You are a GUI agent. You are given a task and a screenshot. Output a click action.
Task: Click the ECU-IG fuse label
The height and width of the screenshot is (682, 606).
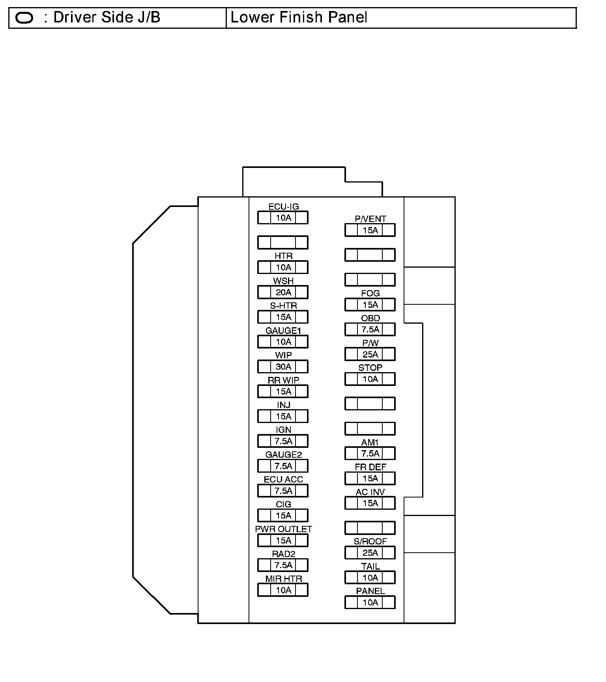283,207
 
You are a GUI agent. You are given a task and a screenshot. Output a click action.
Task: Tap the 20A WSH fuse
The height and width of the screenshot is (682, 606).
283,293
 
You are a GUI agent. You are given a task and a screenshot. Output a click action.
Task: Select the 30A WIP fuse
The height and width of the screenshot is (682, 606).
283,367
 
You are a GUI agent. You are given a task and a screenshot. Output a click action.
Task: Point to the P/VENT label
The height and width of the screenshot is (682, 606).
370,219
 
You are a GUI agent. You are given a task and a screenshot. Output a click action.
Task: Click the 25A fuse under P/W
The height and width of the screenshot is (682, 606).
370,354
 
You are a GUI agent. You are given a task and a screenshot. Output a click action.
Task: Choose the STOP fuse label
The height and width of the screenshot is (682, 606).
370,368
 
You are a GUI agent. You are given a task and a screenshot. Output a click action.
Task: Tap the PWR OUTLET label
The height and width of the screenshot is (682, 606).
283,529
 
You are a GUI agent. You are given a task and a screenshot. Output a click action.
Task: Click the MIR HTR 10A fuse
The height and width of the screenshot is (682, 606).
283,590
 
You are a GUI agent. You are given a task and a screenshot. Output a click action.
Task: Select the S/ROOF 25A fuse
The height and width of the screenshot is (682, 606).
370,553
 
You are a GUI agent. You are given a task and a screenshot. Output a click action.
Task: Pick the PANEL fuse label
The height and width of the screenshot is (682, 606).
370,591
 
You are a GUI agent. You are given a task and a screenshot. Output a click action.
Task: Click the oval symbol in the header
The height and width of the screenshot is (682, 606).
24,18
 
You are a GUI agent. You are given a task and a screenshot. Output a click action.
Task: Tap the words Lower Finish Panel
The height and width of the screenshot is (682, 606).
299,18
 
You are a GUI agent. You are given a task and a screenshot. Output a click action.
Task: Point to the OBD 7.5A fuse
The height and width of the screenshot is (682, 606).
370,330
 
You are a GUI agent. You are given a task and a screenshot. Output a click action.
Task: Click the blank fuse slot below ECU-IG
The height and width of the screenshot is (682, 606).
283,242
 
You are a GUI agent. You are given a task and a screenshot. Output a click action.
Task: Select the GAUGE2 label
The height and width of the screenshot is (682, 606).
283,455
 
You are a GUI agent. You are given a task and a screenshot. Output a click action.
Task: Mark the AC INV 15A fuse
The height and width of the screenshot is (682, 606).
370,503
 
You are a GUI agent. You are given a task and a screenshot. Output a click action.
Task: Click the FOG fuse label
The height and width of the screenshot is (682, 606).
370,293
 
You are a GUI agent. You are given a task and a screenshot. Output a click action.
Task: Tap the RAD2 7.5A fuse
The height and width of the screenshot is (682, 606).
283,565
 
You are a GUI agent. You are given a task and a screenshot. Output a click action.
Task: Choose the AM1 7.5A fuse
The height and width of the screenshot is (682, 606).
370,454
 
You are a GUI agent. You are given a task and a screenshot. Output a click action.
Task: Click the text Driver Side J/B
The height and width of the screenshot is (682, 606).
107,18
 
